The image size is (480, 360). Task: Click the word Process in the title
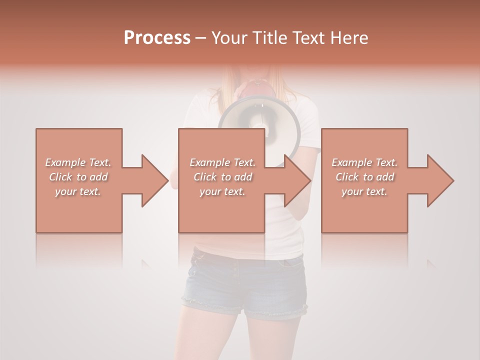click(x=157, y=38)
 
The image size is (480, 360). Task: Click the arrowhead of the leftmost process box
click(x=152, y=180)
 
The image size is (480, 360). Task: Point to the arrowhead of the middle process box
click(x=295, y=180)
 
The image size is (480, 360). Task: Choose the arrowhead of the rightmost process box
click(x=438, y=180)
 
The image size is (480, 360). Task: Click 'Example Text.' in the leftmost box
click(x=78, y=162)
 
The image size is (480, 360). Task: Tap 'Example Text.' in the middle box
click(x=222, y=162)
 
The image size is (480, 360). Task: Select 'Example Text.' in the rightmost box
click(x=364, y=162)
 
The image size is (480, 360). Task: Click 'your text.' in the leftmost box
click(x=78, y=191)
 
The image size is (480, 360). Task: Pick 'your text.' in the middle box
click(x=222, y=191)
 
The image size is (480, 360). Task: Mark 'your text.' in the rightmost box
click(x=364, y=191)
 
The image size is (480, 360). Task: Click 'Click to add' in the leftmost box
click(x=78, y=177)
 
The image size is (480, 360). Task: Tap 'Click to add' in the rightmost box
click(x=364, y=177)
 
